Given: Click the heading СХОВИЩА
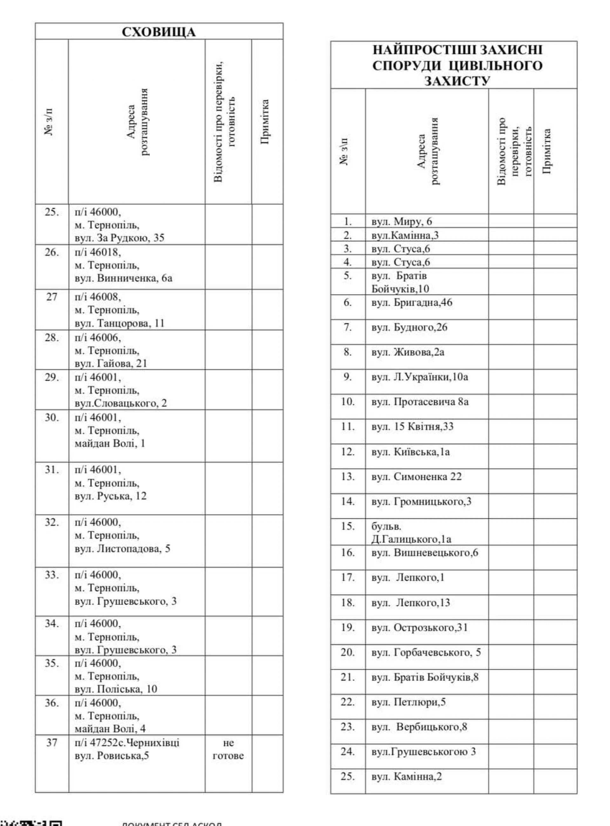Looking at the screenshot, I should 159,32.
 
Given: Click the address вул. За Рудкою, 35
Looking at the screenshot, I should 119,238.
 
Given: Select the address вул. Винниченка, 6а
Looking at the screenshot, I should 123,278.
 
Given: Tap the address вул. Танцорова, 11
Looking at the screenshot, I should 119,323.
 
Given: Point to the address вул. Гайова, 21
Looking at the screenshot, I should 111,364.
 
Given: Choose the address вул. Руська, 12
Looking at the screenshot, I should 111,496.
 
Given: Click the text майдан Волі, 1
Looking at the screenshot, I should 110,443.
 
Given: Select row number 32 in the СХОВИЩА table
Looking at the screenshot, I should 52,522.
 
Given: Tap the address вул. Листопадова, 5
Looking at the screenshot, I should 122,548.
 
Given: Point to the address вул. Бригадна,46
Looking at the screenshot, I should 412,303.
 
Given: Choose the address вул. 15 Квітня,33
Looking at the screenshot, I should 412,427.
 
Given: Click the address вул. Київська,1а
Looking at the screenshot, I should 410,452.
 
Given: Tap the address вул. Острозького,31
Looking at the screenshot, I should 419,628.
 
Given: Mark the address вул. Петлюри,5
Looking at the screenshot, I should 408,702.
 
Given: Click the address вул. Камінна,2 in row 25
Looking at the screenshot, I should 407,776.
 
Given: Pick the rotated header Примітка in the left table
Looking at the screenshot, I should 265,122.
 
